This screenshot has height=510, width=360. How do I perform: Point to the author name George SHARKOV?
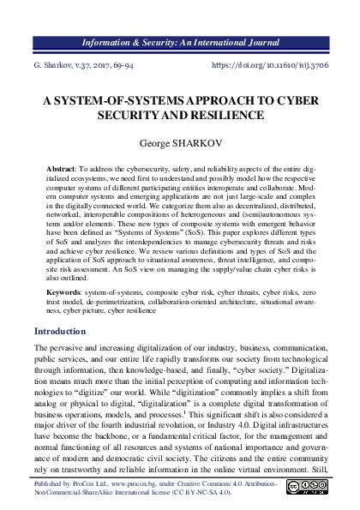tap(180, 145)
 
